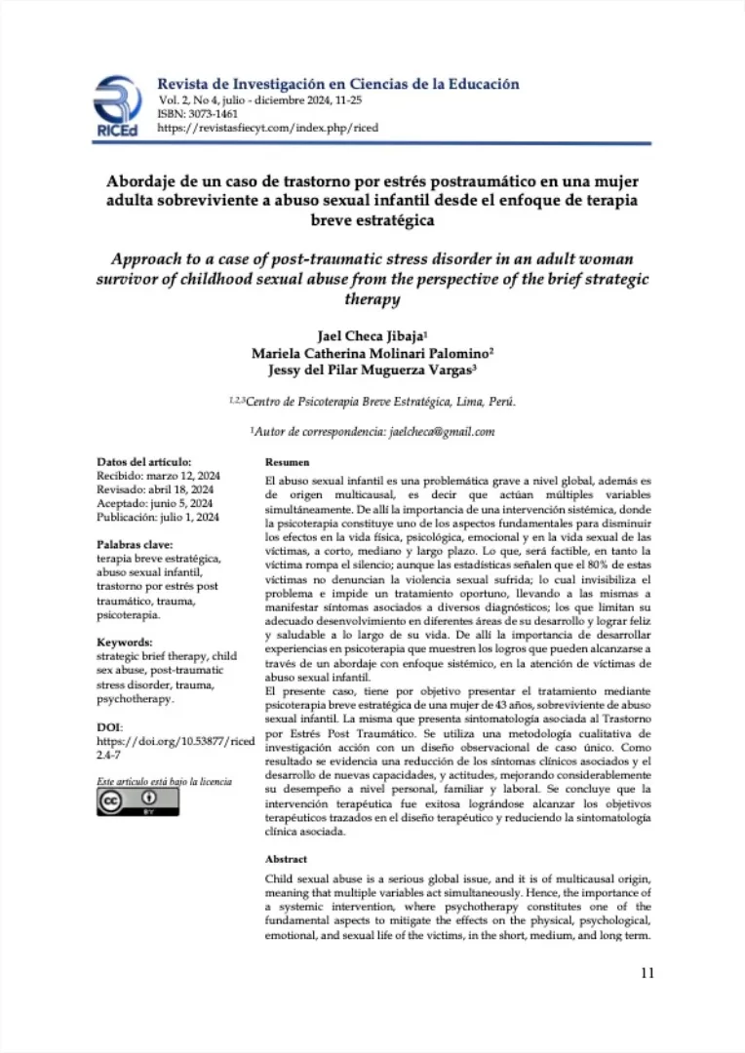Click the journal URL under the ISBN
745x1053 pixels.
267,128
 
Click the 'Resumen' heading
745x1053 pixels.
287,462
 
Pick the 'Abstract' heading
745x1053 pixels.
286,859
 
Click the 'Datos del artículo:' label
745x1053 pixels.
144,462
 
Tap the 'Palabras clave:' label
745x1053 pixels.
136,544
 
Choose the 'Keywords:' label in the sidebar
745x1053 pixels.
125,643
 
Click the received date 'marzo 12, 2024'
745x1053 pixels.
182,476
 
